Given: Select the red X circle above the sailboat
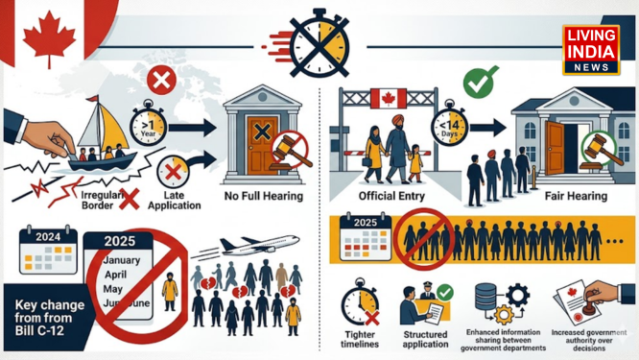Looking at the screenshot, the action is [162, 82].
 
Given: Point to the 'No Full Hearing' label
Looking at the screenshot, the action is [263, 196].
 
